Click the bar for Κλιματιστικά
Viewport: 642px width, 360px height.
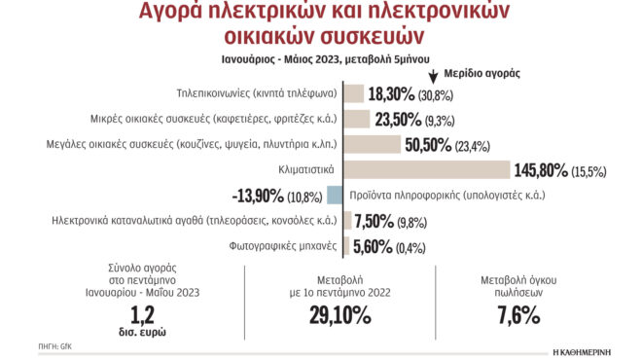click(x=429, y=169)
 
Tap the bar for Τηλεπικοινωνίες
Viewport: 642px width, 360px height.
click(x=356, y=93)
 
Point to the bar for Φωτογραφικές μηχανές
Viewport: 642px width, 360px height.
click(x=348, y=245)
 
